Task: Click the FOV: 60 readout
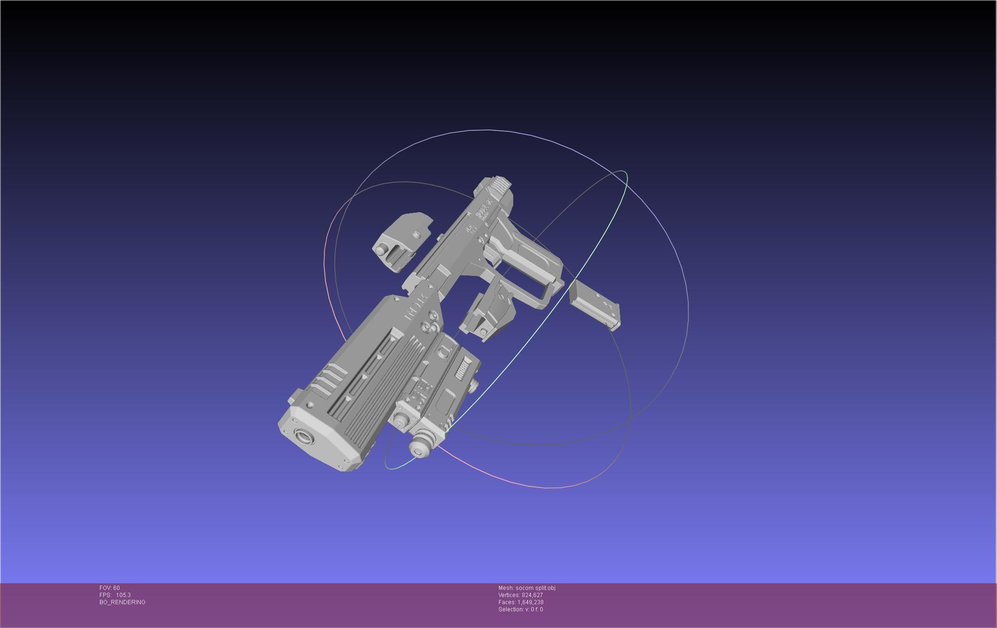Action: coord(109,588)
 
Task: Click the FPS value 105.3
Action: coord(123,595)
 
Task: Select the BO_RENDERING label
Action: coord(122,602)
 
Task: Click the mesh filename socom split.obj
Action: coord(535,588)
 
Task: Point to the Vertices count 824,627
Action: coord(532,595)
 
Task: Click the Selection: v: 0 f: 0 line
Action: coord(520,609)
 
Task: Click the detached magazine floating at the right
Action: coord(595,304)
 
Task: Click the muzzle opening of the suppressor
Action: coord(304,436)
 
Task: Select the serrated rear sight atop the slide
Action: coord(499,186)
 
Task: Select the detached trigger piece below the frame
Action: coord(489,312)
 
